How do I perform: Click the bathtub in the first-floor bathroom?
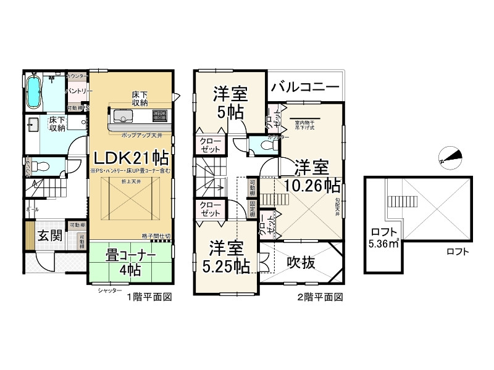tap(35, 91)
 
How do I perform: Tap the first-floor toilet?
tap(38, 166)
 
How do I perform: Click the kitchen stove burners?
tap(159, 115)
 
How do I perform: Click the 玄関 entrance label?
tap(47, 236)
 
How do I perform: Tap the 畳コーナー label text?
tap(129, 255)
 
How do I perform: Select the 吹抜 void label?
tap(302, 263)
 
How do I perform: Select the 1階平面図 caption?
tap(149, 297)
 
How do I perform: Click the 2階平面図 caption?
tap(320, 297)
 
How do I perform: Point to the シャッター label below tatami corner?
tap(109, 290)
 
